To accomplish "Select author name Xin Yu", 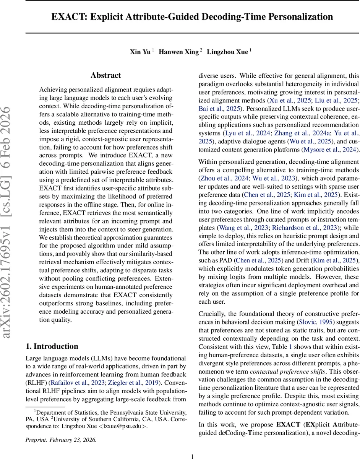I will coord(140,52).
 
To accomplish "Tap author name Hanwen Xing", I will coord(179,52).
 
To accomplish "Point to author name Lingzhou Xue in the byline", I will coord(227,52).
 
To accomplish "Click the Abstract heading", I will coord(106,75).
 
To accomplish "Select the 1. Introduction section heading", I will coord(52,346).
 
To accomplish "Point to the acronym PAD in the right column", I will coord(222,260).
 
